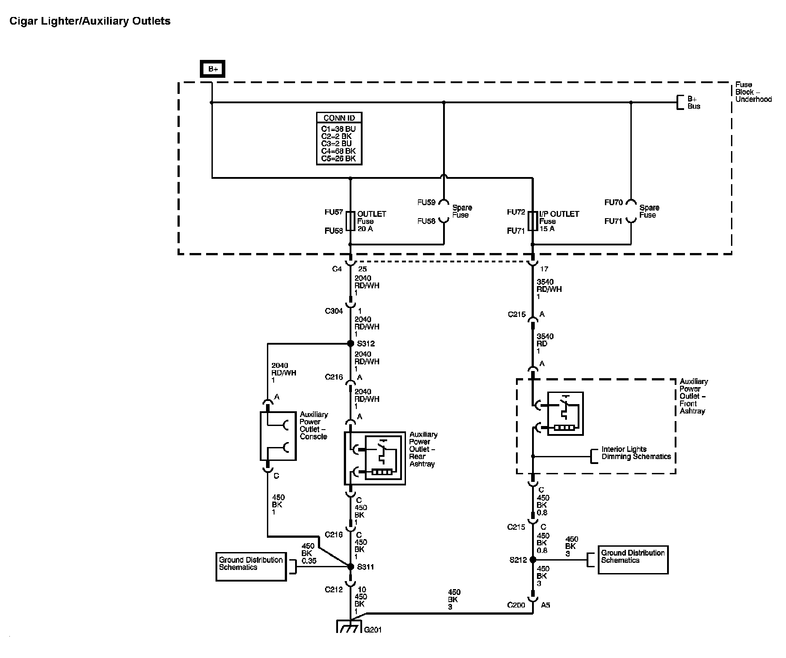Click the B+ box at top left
click(x=212, y=69)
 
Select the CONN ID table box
click(x=339, y=139)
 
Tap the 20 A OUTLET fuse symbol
click(x=351, y=221)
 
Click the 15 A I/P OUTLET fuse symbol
click(x=532, y=221)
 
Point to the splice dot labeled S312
click(x=351, y=344)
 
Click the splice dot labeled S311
click(x=351, y=567)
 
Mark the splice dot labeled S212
click(x=532, y=560)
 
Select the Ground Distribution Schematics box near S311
click(x=251, y=566)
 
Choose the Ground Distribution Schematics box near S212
click(x=633, y=559)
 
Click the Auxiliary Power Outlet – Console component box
click(x=278, y=436)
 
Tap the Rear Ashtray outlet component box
click(x=375, y=458)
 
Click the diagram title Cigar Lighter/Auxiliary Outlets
click(x=90, y=21)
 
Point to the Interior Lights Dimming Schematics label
click(x=636, y=453)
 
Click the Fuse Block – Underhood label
click(x=753, y=92)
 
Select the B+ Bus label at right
click(x=693, y=102)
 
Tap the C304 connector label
click(x=334, y=311)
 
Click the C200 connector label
click(x=516, y=605)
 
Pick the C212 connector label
click(x=334, y=590)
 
